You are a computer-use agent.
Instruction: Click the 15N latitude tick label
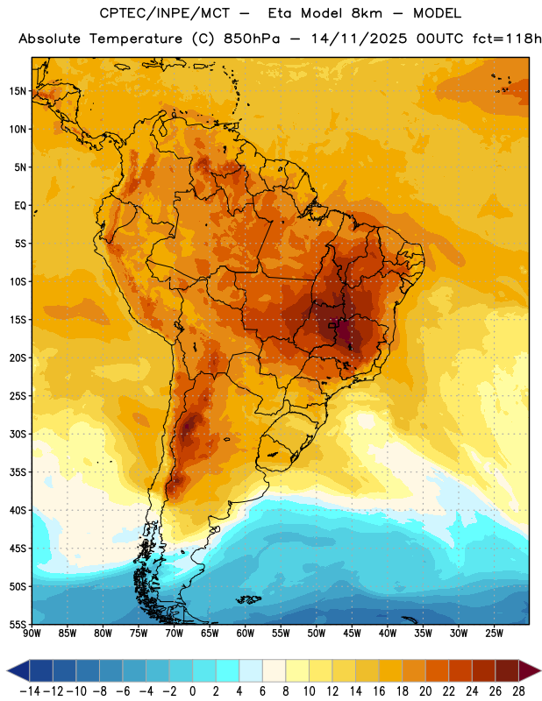[x=18, y=91]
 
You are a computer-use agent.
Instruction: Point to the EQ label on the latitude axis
[x=20, y=206]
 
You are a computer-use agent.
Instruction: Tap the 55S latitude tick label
[x=18, y=624]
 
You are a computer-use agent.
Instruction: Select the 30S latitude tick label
[x=18, y=434]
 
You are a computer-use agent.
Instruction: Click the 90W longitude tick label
[x=32, y=634]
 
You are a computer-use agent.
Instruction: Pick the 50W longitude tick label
[x=317, y=634]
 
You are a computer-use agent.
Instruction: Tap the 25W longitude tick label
[x=495, y=634]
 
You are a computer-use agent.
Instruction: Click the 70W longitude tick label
[x=175, y=634]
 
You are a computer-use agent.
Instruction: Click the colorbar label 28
[x=518, y=691]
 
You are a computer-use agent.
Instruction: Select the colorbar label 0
[x=192, y=691]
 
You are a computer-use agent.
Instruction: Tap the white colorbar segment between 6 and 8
[x=274, y=670]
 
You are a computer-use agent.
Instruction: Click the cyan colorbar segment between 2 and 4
[x=227, y=670]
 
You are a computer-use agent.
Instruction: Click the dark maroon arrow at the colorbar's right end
[x=528, y=670]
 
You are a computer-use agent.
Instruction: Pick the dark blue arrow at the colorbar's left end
[x=18, y=670]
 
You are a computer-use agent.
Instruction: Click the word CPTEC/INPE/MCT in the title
[x=164, y=13]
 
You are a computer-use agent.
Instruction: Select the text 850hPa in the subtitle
[x=252, y=39]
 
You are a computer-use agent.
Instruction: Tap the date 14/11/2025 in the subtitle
[x=359, y=39]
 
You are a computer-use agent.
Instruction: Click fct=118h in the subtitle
[x=507, y=39]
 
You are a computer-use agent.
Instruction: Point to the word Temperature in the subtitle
[x=136, y=39]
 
